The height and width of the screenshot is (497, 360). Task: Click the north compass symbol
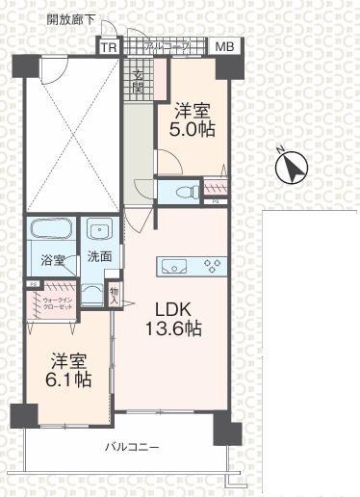tap(288, 169)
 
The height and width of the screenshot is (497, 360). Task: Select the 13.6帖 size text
tap(173, 329)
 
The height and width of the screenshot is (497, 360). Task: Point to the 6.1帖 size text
tap(71, 379)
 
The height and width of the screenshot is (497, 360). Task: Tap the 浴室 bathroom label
tap(53, 260)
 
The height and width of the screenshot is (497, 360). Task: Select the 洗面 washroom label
tap(99, 257)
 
